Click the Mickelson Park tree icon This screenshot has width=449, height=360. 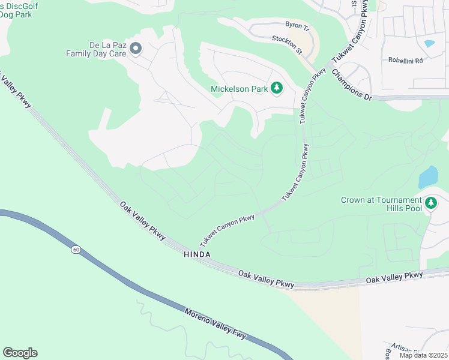(277, 89)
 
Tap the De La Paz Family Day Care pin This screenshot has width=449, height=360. (136, 48)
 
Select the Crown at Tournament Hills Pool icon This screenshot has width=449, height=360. (430, 203)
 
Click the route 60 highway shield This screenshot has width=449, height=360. (75, 249)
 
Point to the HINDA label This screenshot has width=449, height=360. (196, 254)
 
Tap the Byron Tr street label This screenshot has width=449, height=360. (297, 28)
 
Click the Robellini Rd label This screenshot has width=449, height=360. (405, 61)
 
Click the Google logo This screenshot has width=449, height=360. (20, 352)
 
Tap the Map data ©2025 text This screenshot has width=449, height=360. (423, 355)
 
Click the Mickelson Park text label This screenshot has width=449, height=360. (239, 89)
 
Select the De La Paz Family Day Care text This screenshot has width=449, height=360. (94, 49)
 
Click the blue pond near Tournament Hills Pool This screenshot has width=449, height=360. (428, 177)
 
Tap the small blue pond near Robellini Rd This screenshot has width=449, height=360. (429, 43)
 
